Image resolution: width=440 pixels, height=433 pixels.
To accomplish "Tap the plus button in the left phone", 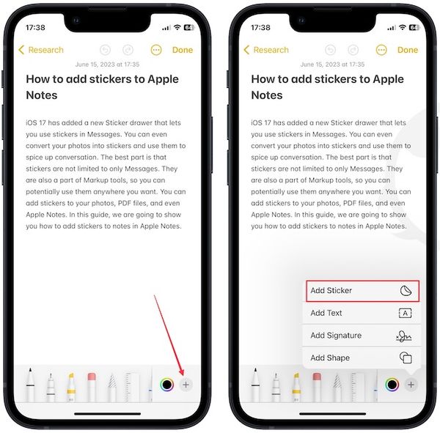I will [x=186, y=385].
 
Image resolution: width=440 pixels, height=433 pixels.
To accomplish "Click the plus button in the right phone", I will [x=411, y=385].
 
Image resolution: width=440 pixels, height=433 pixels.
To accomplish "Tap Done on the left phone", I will [x=182, y=50].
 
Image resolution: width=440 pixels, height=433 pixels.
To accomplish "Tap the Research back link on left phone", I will [x=41, y=50].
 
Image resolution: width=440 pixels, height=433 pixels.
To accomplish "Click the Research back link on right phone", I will [x=266, y=50].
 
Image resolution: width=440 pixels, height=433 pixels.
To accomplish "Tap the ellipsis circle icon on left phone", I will [x=155, y=50].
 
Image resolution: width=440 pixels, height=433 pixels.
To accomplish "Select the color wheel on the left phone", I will [x=166, y=385].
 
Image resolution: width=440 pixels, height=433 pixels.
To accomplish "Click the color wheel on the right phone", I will [x=392, y=385].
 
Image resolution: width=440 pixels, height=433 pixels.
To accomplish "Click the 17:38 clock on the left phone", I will [x=35, y=27].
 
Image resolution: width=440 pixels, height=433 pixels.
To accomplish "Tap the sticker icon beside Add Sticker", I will [x=405, y=291].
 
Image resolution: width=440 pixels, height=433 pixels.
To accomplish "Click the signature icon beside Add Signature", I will [x=404, y=336].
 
